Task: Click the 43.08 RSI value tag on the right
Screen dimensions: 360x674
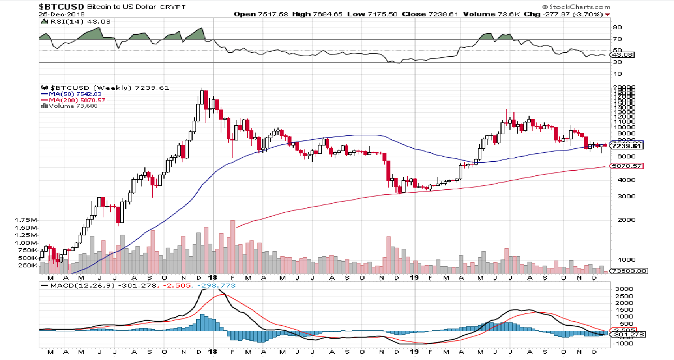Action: point(625,55)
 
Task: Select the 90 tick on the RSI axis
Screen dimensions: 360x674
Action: point(616,27)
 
